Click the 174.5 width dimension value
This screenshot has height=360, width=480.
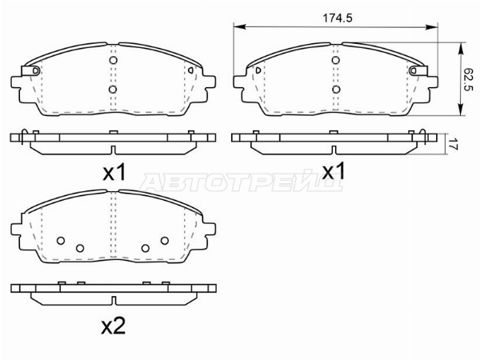pyautogui.click(x=338, y=18)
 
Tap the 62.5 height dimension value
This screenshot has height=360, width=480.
pyautogui.click(x=469, y=79)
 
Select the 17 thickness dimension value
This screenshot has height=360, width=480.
pyautogui.click(x=454, y=144)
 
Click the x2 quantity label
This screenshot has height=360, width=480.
pyautogui.click(x=114, y=326)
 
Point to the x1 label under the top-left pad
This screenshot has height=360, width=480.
pyautogui.click(x=114, y=173)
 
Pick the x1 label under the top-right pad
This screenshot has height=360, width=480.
pyautogui.click(x=334, y=171)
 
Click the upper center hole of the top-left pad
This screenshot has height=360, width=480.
pyautogui.click(x=114, y=60)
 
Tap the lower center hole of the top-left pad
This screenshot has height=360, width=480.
pyautogui.click(x=113, y=90)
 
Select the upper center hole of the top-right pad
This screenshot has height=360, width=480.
pyautogui.click(x=336, y=60)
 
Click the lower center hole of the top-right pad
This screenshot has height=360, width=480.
pyautogui.click(x=336, y=90)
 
